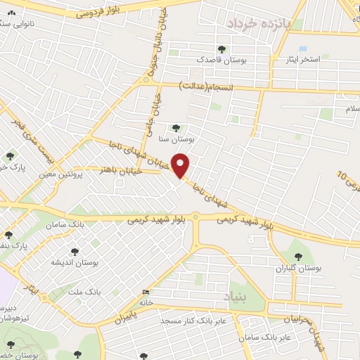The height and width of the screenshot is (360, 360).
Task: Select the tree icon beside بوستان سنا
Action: [176, 127]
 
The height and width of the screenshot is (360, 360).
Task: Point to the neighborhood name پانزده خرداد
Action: [257, 22]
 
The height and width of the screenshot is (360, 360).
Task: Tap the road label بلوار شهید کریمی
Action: [162, 219]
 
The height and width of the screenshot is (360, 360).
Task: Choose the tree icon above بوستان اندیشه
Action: [75, 250]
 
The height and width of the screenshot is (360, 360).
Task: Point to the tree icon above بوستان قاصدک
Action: [222, 49]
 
